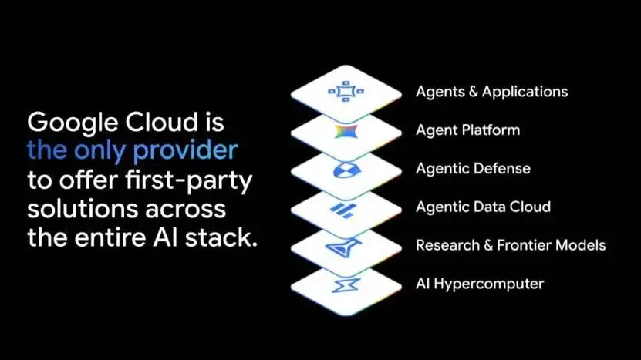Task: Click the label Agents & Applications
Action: (491, 92)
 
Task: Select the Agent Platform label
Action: (467, 130)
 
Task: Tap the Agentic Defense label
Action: (473, 168)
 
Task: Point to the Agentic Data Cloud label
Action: (483, 207)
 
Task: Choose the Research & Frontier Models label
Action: (511, 245)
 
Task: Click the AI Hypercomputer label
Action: (480, 284)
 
